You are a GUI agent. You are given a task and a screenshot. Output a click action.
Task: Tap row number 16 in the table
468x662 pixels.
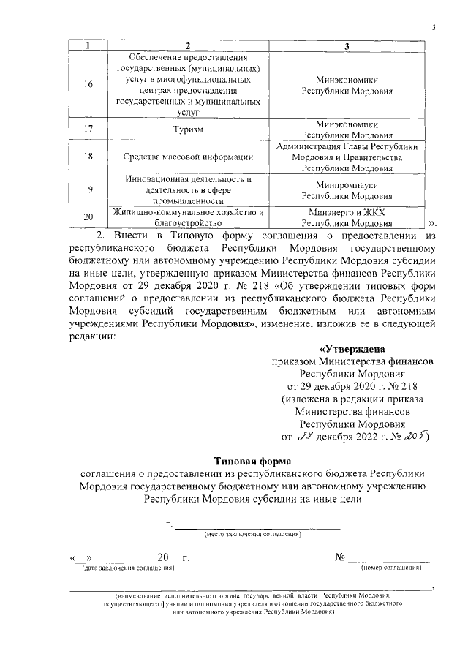pyautogui.click(x=88, y=85)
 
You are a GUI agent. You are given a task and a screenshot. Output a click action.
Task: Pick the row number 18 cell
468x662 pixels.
pyautogui.click(x=88, y=157)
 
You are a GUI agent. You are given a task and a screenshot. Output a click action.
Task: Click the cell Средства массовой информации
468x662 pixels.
pyautogui.click(x=188, y=157)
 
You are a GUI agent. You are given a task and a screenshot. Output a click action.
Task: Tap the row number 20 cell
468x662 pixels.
pyautogui.click(x=88, y=217)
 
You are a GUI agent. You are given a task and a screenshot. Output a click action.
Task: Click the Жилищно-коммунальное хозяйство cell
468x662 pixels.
pyautogui.click(x=188, y=217)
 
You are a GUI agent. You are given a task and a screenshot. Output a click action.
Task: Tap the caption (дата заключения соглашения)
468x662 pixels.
pyautogui.click(x=128, y=568)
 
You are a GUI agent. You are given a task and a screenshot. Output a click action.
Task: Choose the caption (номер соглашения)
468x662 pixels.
pyautogui.click(x=391, y=568)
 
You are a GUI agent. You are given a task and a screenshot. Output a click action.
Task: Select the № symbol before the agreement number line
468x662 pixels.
pyautogui.click(x=339, y=557)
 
